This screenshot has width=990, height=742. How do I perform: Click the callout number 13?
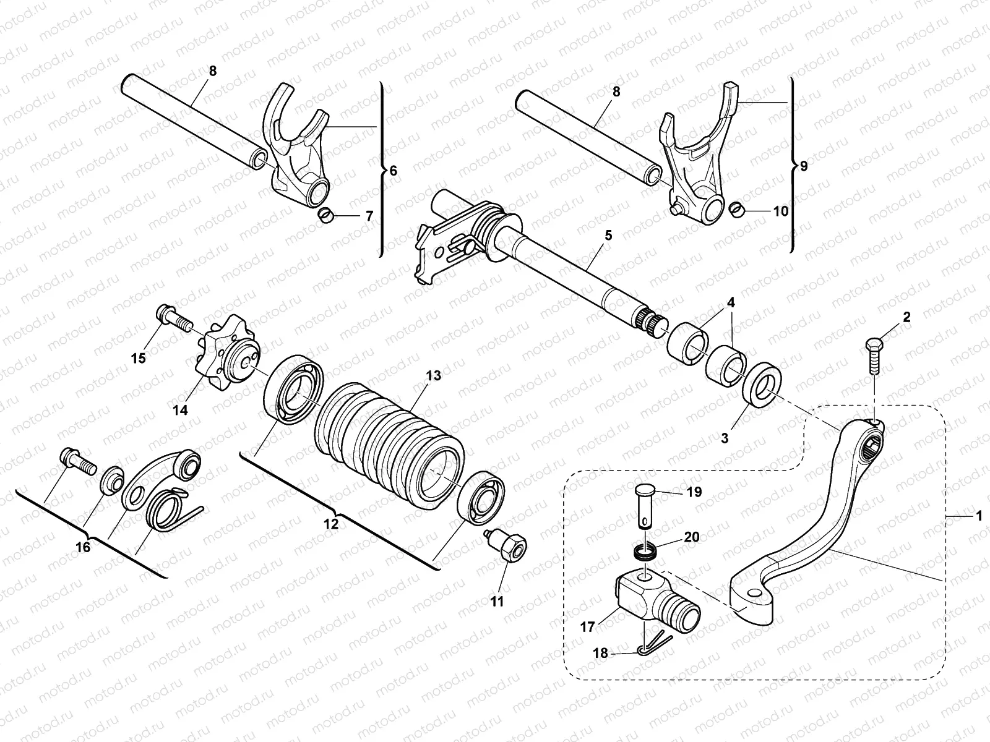point(433,375)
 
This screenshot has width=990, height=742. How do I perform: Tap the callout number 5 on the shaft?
point(608,235)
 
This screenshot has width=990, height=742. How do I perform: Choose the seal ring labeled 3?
point(765,388)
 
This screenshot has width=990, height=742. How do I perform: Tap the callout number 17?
point(587,628)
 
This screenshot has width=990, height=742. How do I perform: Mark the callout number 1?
point(978,514)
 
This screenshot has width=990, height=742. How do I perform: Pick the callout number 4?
point(731,303)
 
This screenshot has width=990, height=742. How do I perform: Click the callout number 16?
point(82,547)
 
